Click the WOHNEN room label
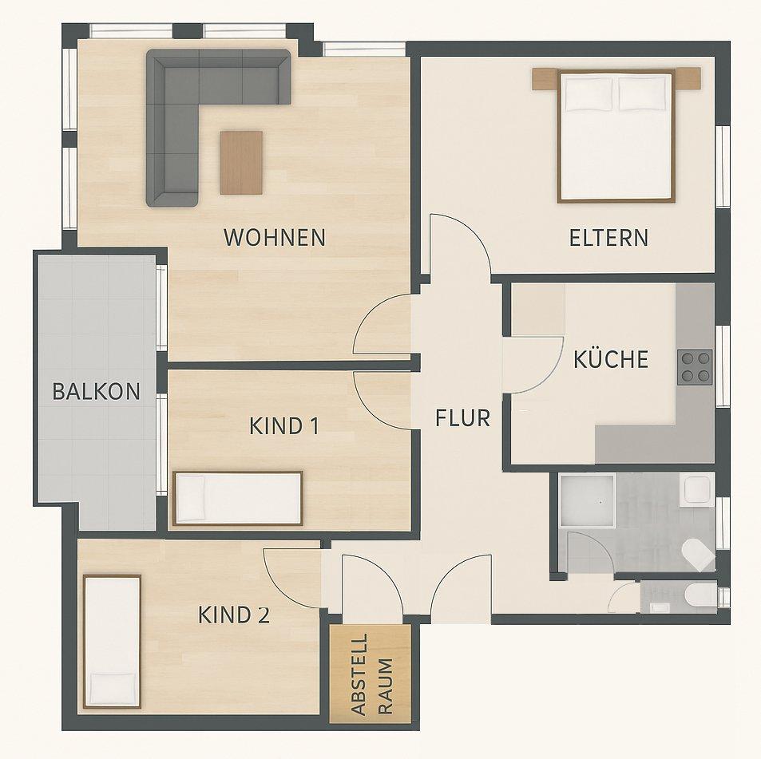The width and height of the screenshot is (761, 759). click(x=274, y=238)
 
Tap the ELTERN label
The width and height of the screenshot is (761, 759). click(x=608, y=238)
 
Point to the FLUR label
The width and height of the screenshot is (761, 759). click(x=462, y=418)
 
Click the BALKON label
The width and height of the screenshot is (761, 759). click(x=96, y=391)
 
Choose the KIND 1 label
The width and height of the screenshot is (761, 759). click(x=284, y=426)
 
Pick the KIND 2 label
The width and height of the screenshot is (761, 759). click(x=234, y=615)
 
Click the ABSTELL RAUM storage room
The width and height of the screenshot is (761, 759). click(x=371, y=674)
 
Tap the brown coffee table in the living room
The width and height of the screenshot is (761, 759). click(x=241, y=163)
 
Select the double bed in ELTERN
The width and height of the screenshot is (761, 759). click(x=616, y=135)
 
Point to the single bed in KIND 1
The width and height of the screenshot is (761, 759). click(x=237, y=499)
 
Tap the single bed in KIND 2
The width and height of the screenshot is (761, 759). click(x=112, y=642)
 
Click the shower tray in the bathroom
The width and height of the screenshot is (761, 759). click(x=587, y=500)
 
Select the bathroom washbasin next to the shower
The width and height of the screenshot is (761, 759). click(x=696, y=491)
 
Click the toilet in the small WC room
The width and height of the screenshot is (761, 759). click(x=700, y=595)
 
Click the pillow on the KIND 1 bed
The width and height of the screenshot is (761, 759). click(x=191, y=499)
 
